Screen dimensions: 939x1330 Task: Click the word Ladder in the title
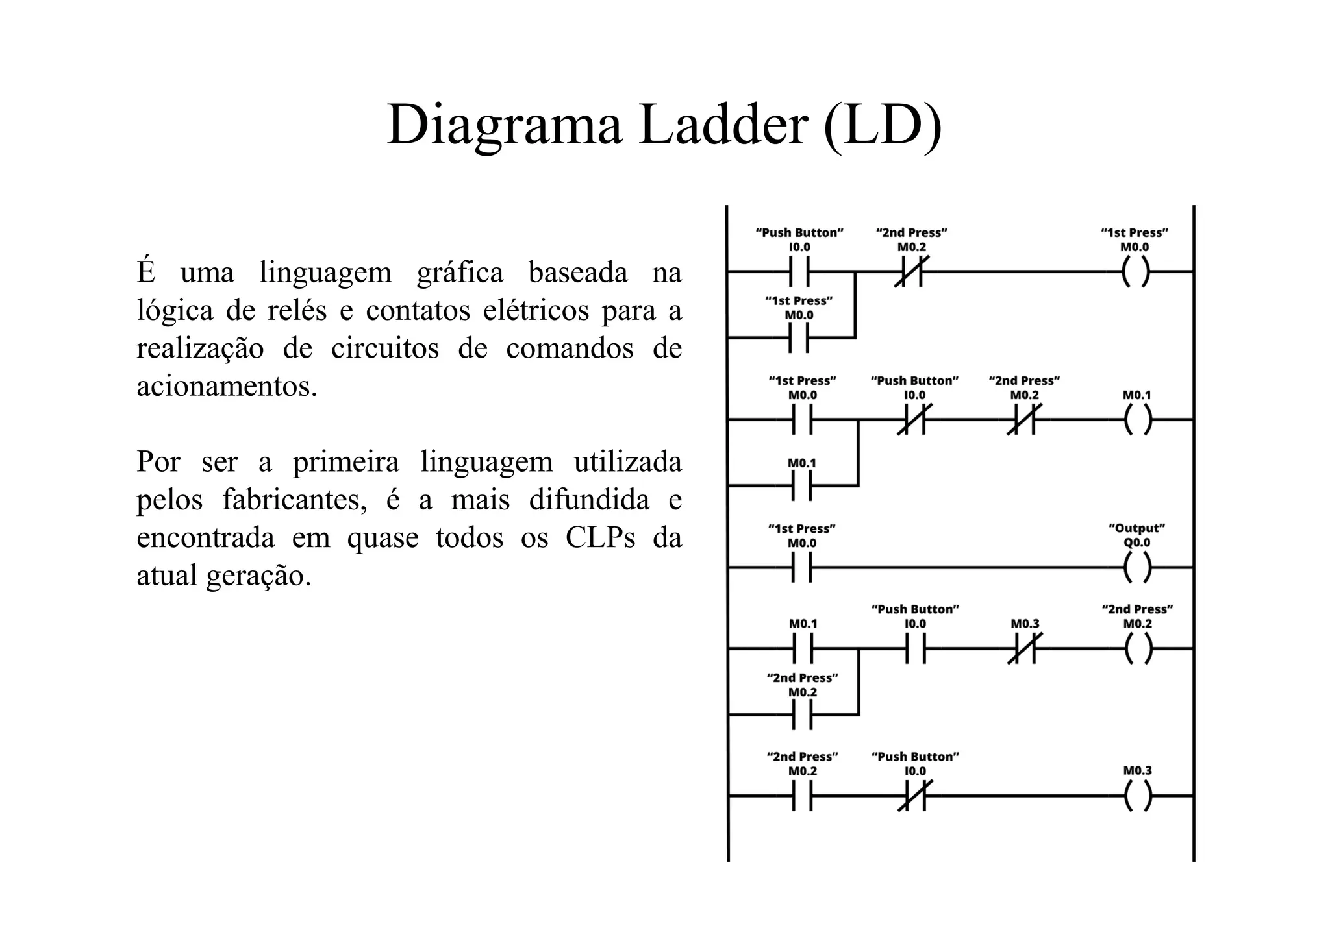point(723,125)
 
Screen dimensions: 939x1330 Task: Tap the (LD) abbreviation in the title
point(882,125)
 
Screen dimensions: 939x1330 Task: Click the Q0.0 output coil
point(1136,568)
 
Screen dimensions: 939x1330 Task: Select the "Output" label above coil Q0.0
point(1136,528)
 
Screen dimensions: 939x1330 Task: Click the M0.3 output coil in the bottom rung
point(1136,796)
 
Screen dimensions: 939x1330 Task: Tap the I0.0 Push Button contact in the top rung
point(799,272)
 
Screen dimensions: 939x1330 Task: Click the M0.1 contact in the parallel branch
point(802,485)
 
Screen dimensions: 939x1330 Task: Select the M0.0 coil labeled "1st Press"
point(1135,272)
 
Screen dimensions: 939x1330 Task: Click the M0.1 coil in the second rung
point(1136,420)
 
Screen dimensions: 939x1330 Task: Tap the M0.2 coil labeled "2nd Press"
point(1137,648)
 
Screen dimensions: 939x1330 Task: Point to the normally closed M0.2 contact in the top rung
point(911,272)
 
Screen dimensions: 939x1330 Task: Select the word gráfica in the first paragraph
point(459,273)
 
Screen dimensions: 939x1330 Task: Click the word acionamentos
point(227,387)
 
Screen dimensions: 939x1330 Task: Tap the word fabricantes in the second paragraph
point(295,500)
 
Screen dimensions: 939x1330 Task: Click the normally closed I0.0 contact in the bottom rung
point(914,796)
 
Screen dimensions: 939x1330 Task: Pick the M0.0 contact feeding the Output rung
point(802,568)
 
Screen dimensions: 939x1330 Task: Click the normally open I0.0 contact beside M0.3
point(915,648)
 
